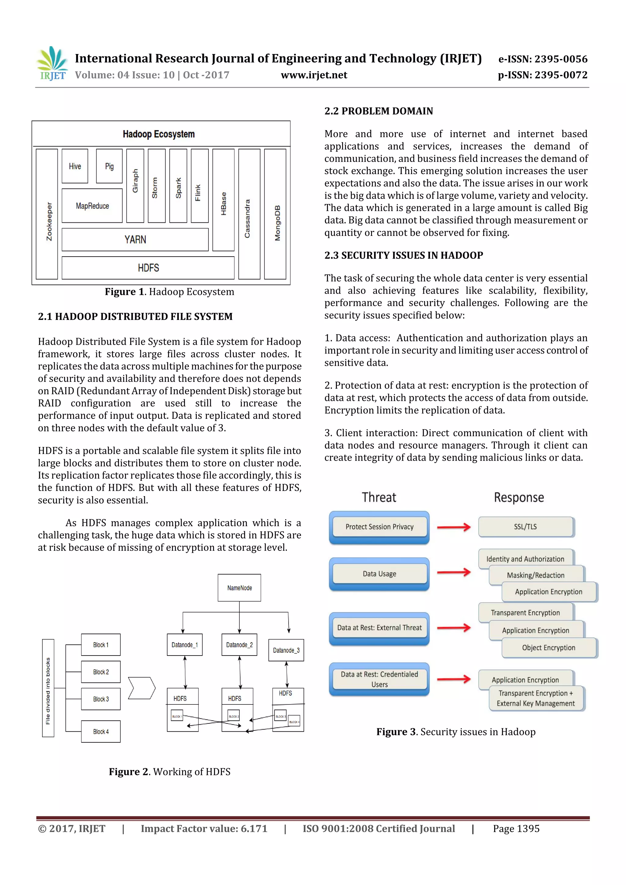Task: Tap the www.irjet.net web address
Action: pyautogui.click(x=314, y=75)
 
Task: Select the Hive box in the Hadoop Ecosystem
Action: pyautogui.click(x=75, y=166)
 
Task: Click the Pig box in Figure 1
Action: pyautogui.click(x=109, y=166)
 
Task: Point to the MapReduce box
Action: pyautogui.click(x=92, y=206)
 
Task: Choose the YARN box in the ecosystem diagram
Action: pyautogui.click(x=135, y=240)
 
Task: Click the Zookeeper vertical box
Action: pyautogui.click(x=47, y=214)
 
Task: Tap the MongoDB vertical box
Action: pyautogui.click(x=275, y=214)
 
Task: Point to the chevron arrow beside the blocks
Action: pyautogui.click(x=142, y=688)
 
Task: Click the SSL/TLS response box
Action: pyautogui.click(x=525, y=527)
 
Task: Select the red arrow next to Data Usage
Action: pyautogui.click(x=454, y=572)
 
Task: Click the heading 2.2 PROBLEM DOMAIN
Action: pyautogui.click(x=378, y=111)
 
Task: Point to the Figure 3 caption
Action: pyautogui.click(x=456, y=732)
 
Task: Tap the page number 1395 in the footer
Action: pyautogui.click(x=516, y=829)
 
